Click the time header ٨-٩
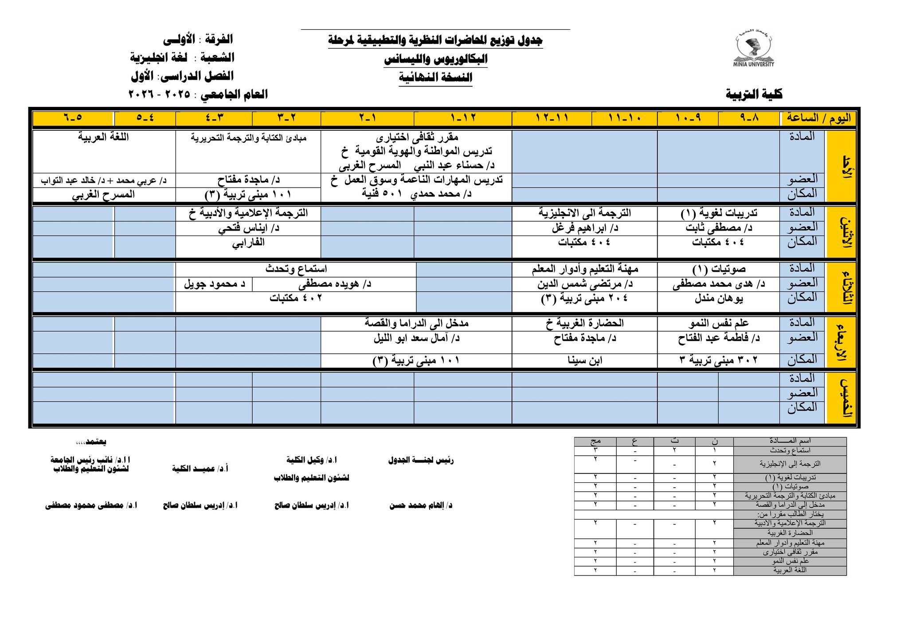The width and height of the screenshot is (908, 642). pos(749,118)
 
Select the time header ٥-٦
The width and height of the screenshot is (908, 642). pos(73,118)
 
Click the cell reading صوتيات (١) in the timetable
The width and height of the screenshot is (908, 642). pos(719,269)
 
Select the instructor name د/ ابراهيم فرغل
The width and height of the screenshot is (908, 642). pos(585,228)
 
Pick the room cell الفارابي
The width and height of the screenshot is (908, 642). pos(248,243)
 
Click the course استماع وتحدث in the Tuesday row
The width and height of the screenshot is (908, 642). pos(296,269)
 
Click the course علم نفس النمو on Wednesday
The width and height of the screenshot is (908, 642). pos(719,323)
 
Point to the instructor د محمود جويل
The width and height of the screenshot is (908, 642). pos(215,284)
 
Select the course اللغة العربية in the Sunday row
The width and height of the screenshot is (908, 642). pos(104,137)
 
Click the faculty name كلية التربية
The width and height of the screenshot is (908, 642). pos(754,94)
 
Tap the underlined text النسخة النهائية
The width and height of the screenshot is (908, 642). pos(435,78)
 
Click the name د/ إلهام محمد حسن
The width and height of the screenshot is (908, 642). pos(421,505)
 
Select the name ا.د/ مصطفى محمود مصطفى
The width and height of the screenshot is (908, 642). pos(91,505)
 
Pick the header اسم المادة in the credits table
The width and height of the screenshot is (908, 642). pos(790,441)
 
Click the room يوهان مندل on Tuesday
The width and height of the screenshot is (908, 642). pos(719,298)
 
